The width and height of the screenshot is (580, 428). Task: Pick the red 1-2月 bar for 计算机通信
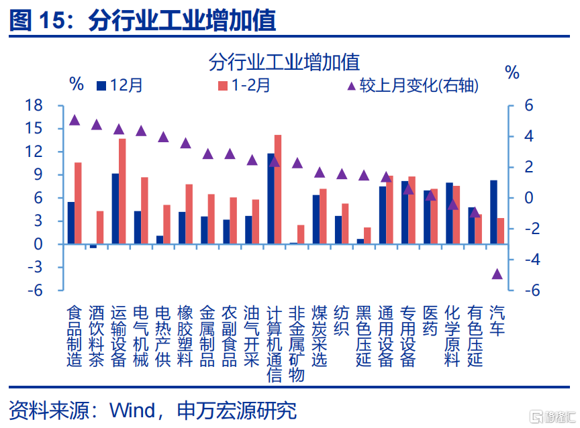(278, 189)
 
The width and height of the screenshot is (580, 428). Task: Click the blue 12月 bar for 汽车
(493, 212)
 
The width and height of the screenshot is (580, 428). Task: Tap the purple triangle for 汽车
(497, 274)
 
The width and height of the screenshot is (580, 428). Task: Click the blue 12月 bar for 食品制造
(71, 223)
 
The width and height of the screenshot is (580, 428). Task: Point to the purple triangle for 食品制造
(75, 120)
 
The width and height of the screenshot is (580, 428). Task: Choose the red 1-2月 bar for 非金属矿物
(301, 234)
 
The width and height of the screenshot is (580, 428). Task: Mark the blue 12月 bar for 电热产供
(160, 239)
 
